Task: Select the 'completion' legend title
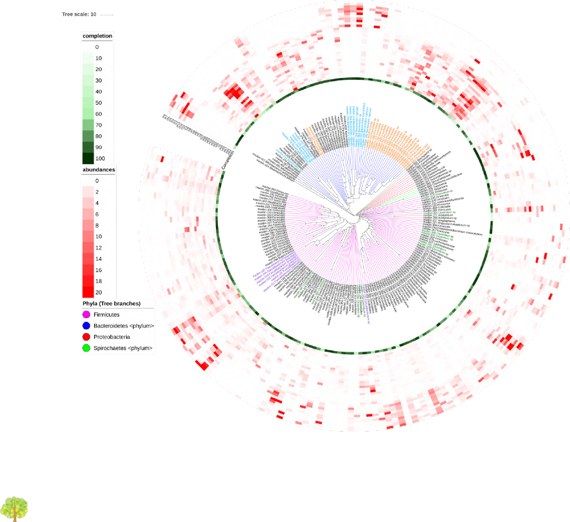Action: (x=97, y=36)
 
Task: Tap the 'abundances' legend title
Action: (x=98, y=169)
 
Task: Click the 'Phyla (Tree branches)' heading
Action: (x=112, y=303)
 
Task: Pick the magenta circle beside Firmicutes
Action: (x=86, y=314)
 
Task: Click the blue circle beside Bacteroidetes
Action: (x=86, y=326)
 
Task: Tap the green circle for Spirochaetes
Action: (x=86, y=348)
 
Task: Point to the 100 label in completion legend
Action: (x=101, y=158)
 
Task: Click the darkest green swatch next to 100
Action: (x=88, y=158)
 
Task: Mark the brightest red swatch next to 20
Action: (x=88, y=292)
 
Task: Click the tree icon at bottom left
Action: (x=15, y=509)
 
